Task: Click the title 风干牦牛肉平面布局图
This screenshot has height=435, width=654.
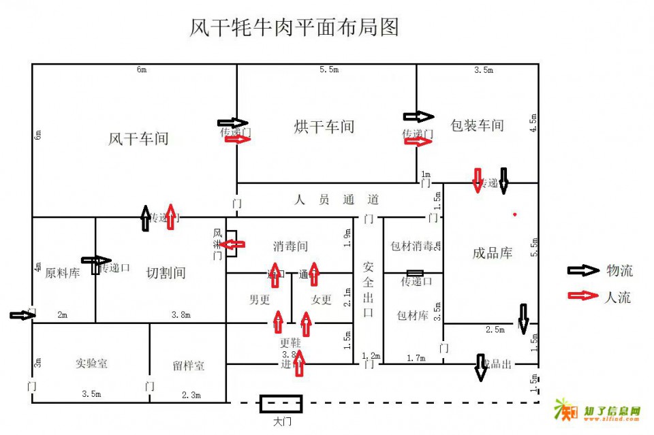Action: (293, 27)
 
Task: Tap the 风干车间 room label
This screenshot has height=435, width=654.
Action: (138, 139)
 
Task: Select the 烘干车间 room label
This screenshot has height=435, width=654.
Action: (324, 127)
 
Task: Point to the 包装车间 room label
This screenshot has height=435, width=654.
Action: (477, 125)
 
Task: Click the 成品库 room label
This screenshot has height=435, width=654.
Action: (492, 253)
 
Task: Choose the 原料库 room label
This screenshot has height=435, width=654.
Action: (63, 274)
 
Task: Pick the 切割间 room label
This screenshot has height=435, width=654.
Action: (166, 273)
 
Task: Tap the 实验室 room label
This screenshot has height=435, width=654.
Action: (91, 363)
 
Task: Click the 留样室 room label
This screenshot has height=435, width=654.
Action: (188, 366)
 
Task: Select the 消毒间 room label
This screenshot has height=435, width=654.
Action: (291, 246)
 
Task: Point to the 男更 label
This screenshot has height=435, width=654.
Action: (260, 299)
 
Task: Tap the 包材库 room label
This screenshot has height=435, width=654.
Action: (413, 315)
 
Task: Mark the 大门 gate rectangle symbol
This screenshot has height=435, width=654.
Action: (281, 404)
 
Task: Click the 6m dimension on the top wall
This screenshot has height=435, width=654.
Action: (142, 69)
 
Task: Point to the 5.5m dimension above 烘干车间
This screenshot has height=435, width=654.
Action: (329, 69)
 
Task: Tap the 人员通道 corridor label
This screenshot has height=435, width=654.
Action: (337, 200)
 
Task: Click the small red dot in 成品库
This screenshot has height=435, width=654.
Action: (515, 214)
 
